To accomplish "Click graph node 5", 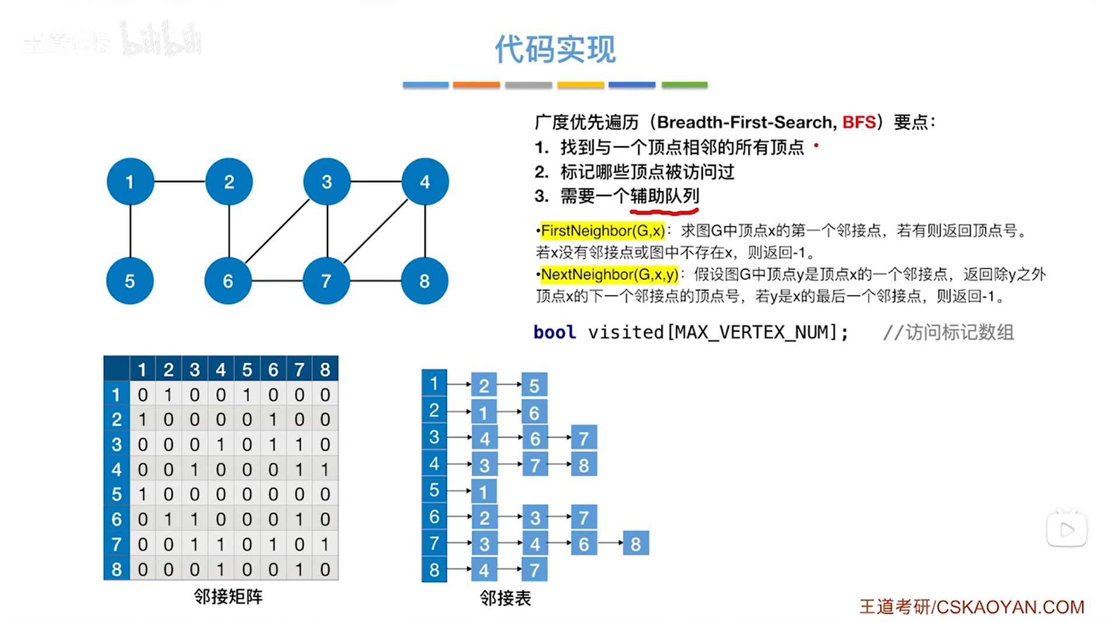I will (130, 281).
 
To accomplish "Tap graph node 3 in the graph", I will (327, 182).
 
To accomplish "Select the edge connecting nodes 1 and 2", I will (179, 182).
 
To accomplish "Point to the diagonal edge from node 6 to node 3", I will (277, 231).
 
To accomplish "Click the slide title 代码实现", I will (555, 49).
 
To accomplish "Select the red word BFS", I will (858, 122).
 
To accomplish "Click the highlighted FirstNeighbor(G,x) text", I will (603, 231).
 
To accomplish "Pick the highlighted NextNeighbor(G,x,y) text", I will (610, 275).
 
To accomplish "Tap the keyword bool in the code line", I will (554, 332).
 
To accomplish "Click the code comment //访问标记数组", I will (948, 332).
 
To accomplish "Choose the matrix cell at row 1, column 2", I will (168, 395).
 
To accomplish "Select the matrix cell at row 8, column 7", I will (299, 569).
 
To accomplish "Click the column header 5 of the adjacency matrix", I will (247, 370).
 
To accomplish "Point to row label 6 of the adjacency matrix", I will (117, 519).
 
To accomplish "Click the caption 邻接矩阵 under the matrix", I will (228, 596).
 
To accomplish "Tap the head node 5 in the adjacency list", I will (434, 490).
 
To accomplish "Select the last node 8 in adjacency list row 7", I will (635, 544).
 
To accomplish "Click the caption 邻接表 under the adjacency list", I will (505, 598).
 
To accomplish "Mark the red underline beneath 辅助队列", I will (664, 210).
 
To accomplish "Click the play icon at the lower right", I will (1066, 530).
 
